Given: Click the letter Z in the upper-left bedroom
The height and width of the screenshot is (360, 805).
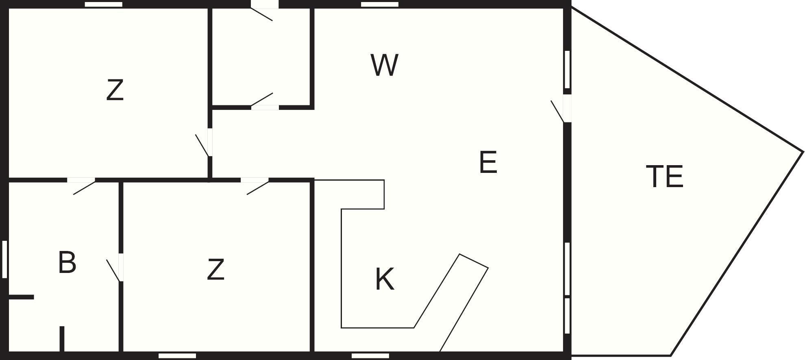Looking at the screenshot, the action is point(115,90).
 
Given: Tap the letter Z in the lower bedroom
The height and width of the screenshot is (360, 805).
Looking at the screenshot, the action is point(215,269).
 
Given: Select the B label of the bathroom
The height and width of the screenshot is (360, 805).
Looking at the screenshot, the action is point(67,262).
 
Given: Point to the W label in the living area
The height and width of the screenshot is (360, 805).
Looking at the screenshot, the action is point(384,65).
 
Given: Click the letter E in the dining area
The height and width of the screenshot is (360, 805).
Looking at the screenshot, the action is point(488,162).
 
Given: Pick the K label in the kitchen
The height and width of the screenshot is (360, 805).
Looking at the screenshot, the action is point(385,279).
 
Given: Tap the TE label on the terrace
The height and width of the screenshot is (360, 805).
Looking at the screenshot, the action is point(665,177).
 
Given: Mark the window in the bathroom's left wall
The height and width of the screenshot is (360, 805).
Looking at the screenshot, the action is point(4,260).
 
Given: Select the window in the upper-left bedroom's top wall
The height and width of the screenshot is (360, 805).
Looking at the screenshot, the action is point(104,4).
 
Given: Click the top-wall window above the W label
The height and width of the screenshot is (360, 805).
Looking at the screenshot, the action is point(380,4).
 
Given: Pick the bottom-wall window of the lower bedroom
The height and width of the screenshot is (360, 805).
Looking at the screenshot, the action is point(177,356).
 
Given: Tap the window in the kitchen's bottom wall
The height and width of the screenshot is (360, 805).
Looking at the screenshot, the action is point(370,356).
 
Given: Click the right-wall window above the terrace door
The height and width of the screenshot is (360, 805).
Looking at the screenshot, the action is point(567,70).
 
